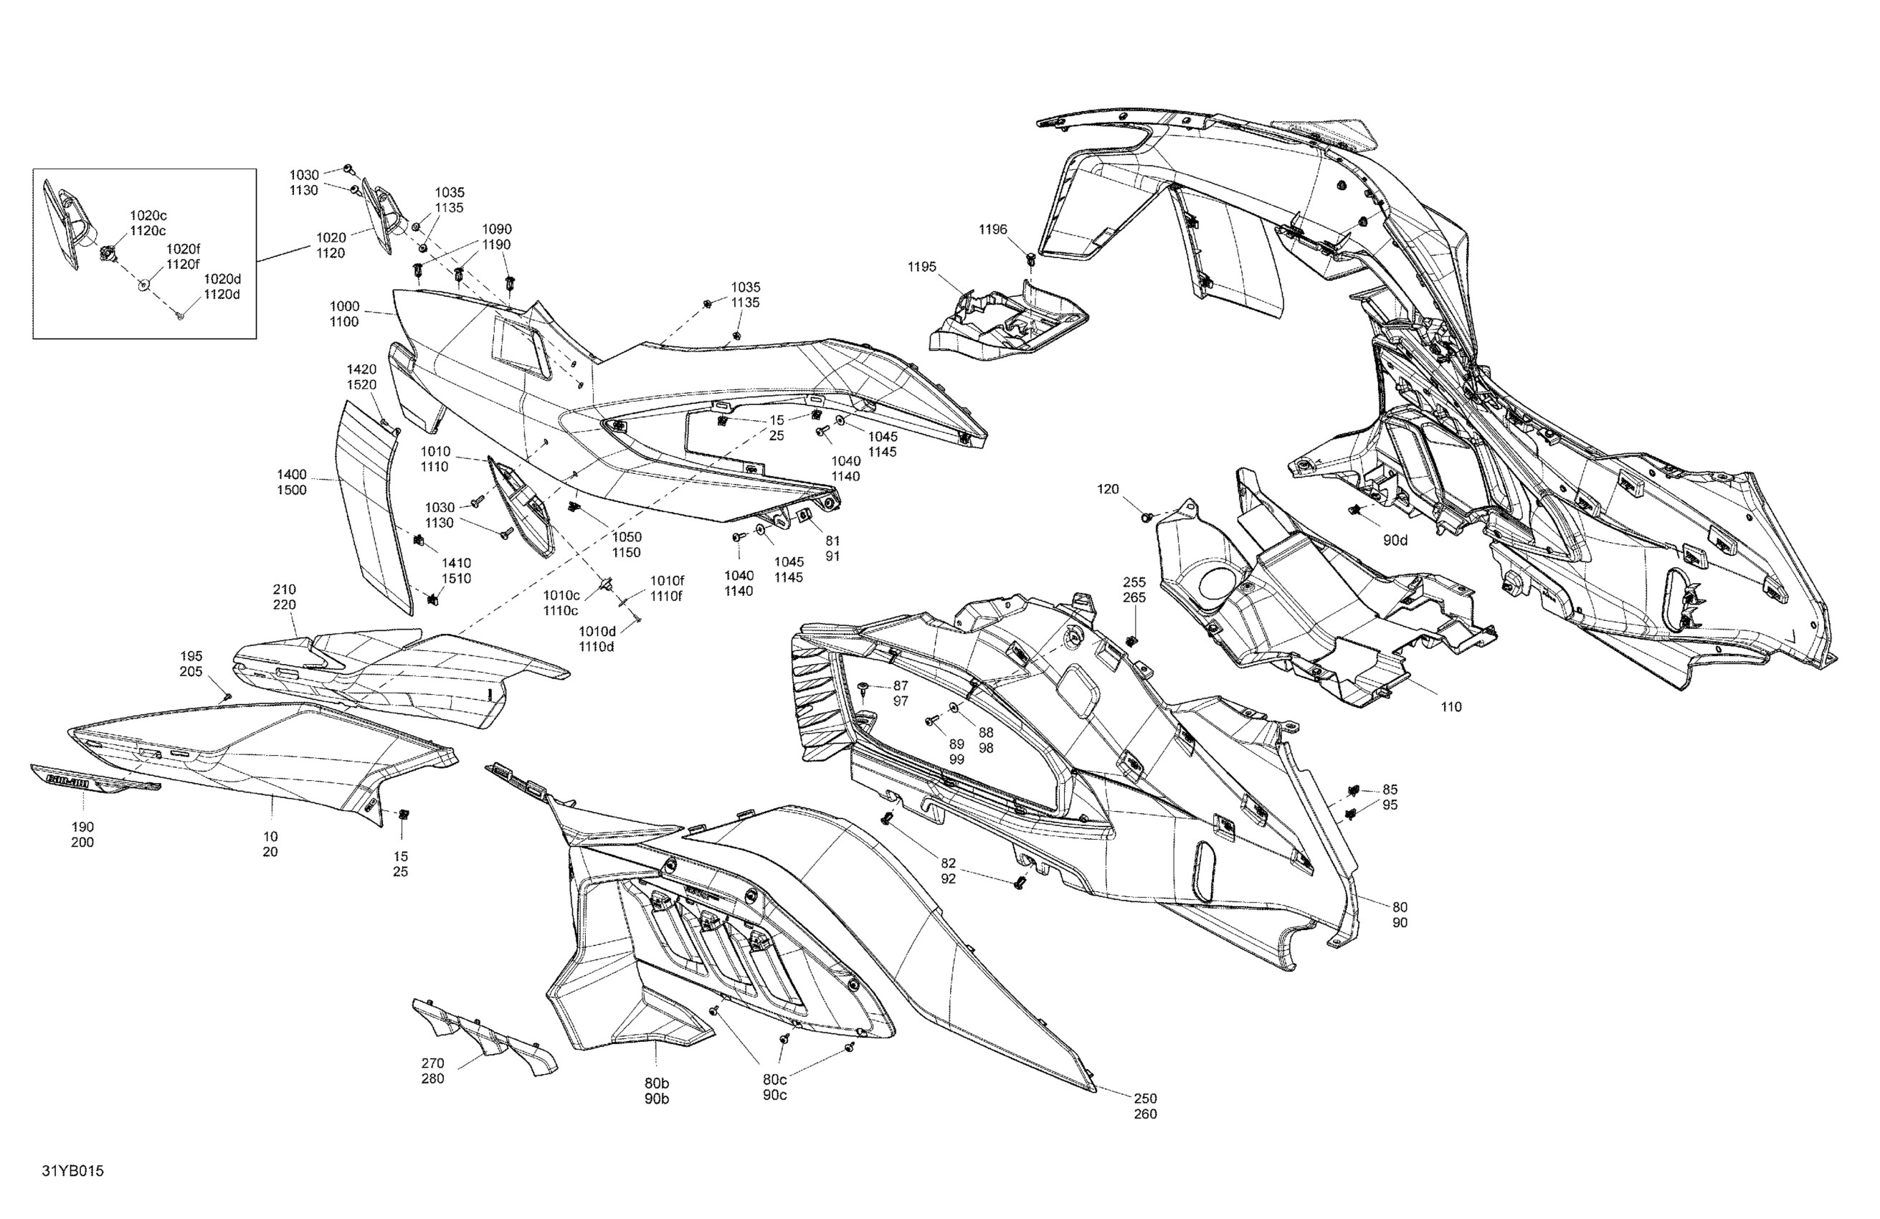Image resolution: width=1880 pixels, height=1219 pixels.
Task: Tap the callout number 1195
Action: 922,267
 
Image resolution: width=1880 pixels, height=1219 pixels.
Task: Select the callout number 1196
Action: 993,229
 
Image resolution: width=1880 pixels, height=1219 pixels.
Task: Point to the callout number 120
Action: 1108,489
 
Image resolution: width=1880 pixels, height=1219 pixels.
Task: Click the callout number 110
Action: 1451,707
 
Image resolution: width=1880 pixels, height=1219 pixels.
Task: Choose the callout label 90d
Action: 1395,541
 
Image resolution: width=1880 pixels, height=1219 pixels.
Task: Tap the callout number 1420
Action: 362,369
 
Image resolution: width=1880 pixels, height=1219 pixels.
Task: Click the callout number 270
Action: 433,1063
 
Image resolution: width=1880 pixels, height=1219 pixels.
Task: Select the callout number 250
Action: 1145,1098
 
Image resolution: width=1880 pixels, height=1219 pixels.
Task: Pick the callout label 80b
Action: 656,1083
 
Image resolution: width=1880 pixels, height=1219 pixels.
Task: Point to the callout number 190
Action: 82,827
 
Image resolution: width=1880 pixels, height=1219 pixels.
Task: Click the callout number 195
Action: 191,655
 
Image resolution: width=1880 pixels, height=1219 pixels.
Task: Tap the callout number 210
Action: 285,589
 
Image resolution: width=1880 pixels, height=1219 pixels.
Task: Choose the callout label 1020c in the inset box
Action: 148,215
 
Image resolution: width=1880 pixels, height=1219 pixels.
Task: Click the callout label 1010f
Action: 667,581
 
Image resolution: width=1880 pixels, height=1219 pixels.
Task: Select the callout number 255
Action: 1134,582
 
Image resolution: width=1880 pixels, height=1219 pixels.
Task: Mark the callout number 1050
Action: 627,537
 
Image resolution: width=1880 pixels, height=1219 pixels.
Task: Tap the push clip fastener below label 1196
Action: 1031,258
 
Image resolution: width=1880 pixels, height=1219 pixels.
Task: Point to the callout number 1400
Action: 292,475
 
